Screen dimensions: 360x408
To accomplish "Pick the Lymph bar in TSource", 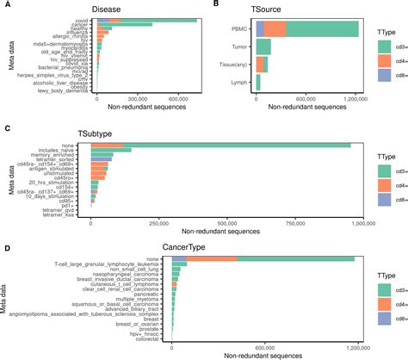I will coord(259,83).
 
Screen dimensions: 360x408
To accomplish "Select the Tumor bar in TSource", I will coord(264,47).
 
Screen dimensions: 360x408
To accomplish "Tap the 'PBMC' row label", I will coord(241,29).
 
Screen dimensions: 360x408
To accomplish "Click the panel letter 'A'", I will coord(7,6).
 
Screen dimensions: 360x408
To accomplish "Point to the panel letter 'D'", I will coord(7,247).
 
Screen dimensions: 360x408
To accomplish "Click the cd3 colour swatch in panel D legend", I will coord(384,289).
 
